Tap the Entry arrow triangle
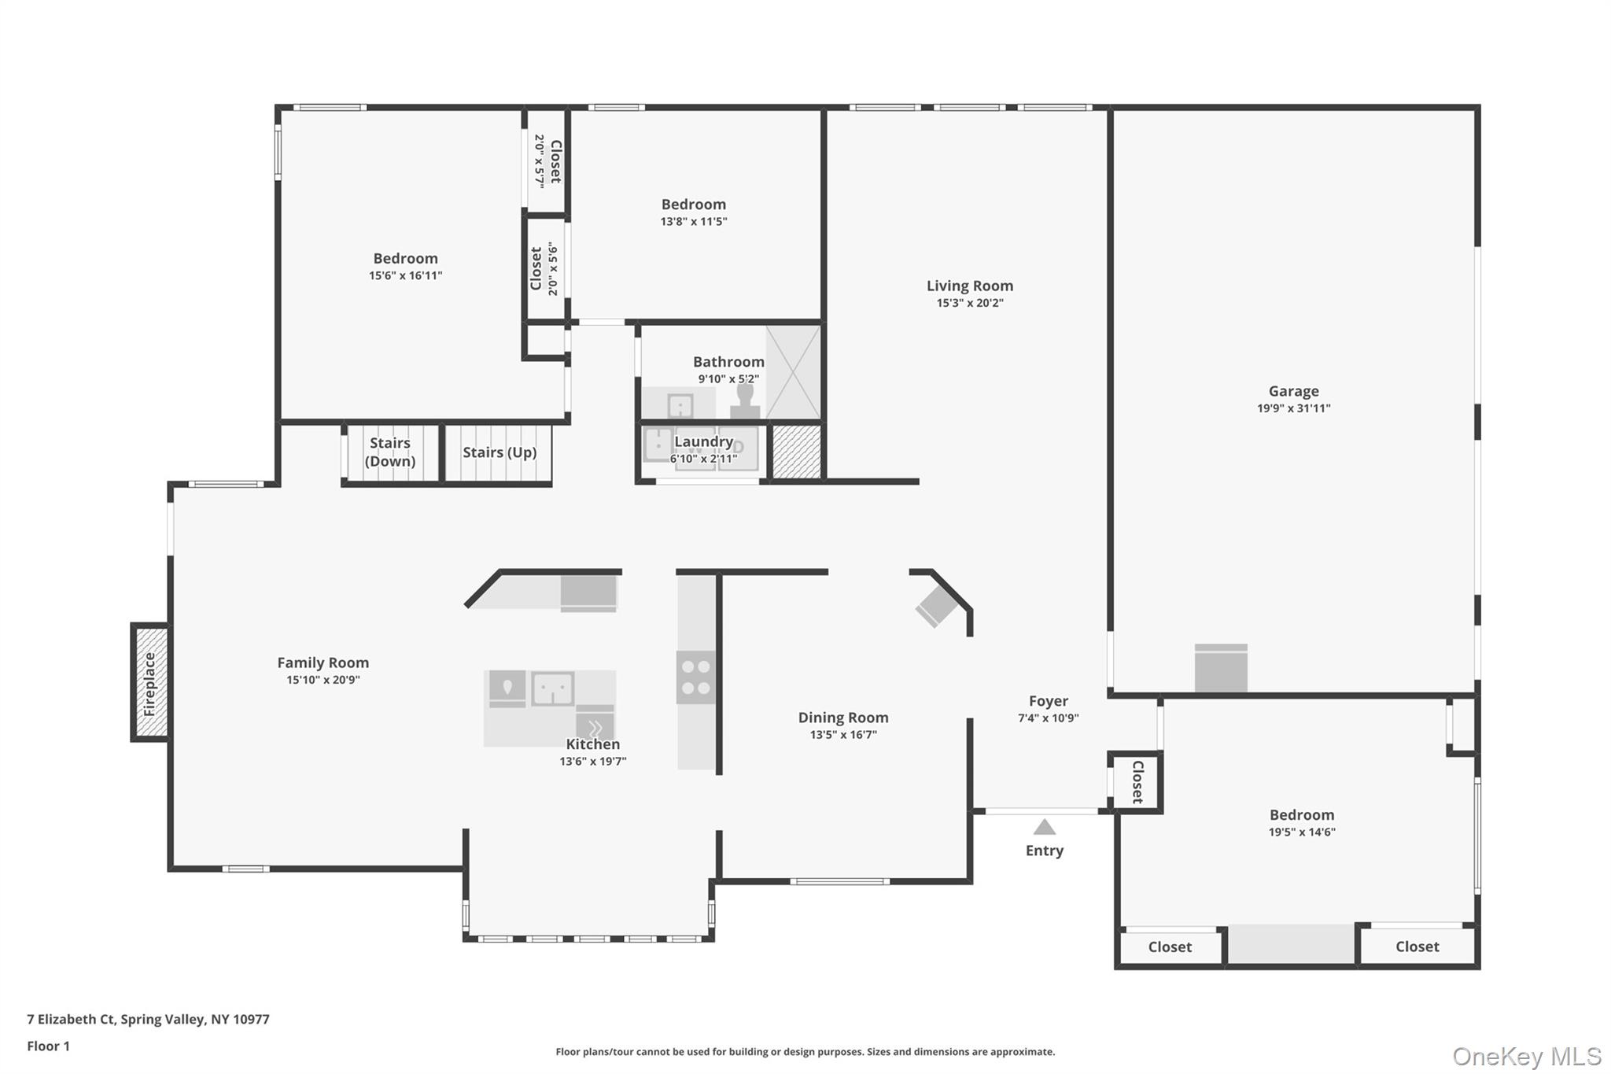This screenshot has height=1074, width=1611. point(1044,827)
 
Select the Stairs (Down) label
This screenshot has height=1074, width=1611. point(390,452)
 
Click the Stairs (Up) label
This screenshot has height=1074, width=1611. point(500,452)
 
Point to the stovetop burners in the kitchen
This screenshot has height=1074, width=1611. point(695,677)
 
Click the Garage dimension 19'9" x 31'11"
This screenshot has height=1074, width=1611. point(1293,408)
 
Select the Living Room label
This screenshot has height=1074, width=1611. point(969,286)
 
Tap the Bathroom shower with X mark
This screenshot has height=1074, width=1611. point(793,372)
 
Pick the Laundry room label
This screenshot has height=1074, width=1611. point(703,442)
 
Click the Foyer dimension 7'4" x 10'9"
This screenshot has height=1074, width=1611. point(1048,718)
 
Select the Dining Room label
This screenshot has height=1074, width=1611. point(843,718)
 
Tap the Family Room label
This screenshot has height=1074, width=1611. point(323,663)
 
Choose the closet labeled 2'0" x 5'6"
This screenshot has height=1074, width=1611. point(544,269)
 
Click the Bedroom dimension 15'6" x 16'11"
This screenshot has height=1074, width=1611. point(405,276)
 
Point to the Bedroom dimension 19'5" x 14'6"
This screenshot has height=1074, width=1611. point(1301,832)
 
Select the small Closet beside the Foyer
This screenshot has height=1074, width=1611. point(1137,781)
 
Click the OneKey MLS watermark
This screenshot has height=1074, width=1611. point(1526,1056)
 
